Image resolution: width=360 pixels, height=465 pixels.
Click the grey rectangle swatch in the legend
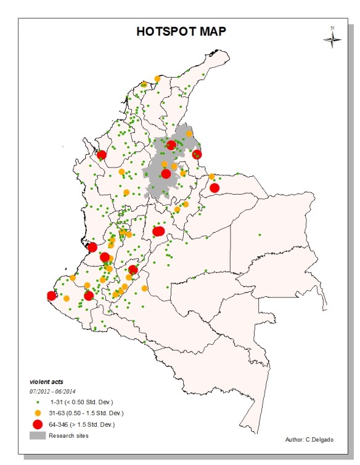point(37,435)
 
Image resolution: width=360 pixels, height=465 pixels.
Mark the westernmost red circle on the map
point(51,296)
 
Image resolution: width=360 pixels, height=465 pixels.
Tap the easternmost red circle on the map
point(214,187)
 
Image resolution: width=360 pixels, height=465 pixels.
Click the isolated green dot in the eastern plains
point(260,235)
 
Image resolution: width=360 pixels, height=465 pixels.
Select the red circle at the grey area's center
point(166,174)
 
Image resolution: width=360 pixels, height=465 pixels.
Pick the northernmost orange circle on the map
point(144,84)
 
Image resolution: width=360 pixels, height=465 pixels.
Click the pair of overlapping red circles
point(158,231)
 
